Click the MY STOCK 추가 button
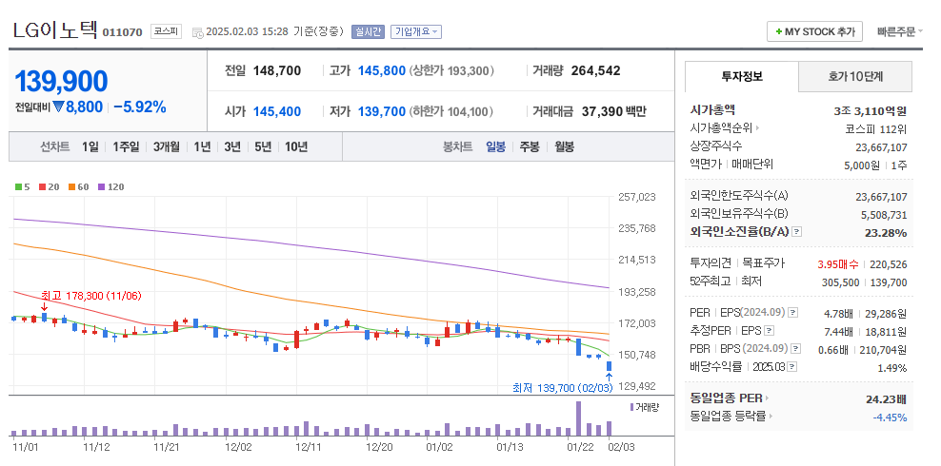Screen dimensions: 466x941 point(814,31)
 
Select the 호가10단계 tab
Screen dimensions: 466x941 point(854,76)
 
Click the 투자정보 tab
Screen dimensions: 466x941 point(741,76)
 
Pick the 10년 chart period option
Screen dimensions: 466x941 point(296,146)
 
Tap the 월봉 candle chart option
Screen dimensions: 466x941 point(564,146)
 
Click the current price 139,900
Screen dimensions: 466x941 point(61,82)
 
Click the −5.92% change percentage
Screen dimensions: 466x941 point(139,107)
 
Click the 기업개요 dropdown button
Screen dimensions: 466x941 point(416,31)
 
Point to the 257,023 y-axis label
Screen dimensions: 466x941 point(637,197)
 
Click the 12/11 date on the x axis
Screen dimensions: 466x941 point(308,445)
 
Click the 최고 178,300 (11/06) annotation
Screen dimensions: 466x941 point(90,296)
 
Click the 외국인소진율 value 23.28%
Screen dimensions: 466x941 point(886,232)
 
